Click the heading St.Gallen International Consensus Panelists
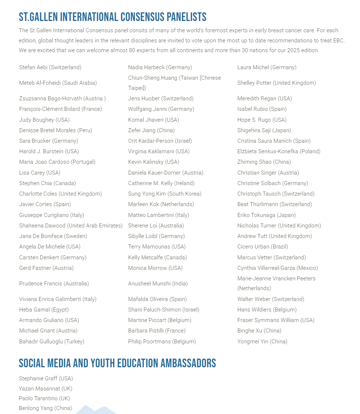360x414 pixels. tap(112, 17)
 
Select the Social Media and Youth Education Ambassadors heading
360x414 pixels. tap(117, 363)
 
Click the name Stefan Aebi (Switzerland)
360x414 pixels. tap(50, 67)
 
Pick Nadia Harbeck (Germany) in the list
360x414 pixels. tap(160, 67)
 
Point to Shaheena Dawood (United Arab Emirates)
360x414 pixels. tap(71, 226)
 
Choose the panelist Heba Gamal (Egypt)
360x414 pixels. tap(44, 310)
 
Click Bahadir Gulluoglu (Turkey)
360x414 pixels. tap(51, 342)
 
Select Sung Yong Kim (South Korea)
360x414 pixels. tap(165, 194)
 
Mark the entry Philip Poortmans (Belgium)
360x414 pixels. tap(162, 342)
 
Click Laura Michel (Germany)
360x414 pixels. tap(267, 67)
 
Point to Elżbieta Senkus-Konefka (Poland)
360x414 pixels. tap(279, 151)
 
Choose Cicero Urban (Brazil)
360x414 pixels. tap(262, 247)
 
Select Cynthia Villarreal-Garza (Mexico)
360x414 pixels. tap(277, 268)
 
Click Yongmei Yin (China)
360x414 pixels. tap(262, 342)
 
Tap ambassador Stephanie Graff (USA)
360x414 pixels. tap(46, 379)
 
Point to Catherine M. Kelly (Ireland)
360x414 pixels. tap(161, 183)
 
